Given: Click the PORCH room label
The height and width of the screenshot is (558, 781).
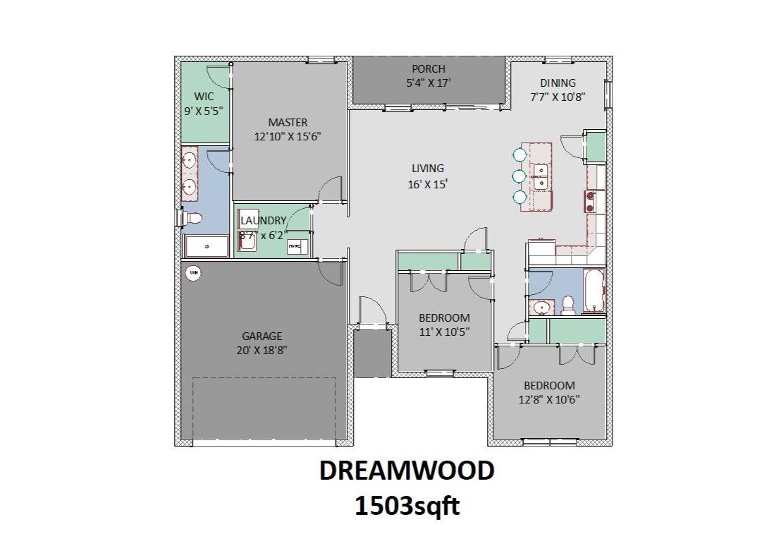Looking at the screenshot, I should coord(429,69).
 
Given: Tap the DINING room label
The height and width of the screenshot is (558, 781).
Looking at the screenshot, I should coord(558,83).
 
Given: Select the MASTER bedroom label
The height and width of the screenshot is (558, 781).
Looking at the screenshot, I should coord(288,123).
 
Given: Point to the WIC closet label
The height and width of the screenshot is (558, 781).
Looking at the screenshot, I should coord(204,97).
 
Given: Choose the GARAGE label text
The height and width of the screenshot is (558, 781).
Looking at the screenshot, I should coord(262,336).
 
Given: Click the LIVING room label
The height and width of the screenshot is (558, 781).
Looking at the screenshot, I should coord(428,169).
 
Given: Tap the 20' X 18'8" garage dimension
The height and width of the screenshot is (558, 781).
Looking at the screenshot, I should coord(262,350).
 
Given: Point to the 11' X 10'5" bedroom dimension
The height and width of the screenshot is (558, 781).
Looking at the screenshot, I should coord(444,331).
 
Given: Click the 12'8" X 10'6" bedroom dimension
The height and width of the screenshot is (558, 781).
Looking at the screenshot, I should coord(549,399).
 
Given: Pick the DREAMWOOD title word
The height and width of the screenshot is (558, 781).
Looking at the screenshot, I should coord(407,471).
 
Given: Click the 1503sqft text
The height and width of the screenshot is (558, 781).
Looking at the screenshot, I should coord(407,506).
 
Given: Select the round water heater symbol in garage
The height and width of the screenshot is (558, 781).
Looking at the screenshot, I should coord(193,272).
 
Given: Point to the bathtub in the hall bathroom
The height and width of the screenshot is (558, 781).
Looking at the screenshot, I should coord(594,291).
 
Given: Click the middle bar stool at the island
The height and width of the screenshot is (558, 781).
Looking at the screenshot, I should coord(520,176).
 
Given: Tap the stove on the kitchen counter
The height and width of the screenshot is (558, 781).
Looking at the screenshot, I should coord(590,201).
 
